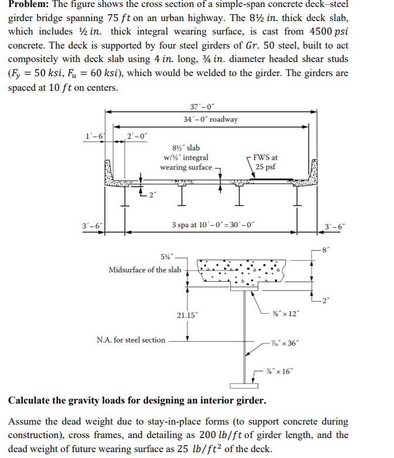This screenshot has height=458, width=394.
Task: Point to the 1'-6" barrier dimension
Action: click(94, 136)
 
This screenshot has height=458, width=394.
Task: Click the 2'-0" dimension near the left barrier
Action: click(138, 136)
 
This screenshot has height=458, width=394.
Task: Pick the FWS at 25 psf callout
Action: click(266, 162)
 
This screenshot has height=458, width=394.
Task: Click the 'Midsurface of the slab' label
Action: click(145, 269)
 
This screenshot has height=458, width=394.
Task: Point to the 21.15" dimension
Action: click(188, 315)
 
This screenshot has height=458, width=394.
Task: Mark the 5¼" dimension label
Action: click(169, 258)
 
